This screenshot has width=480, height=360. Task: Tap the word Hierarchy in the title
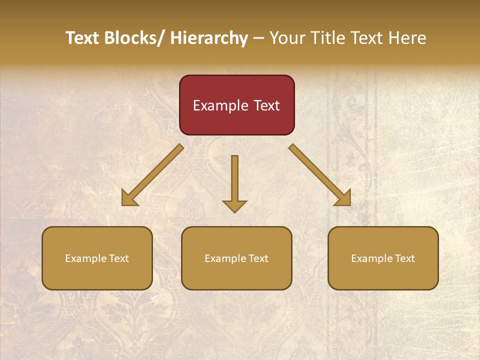coord(209,38)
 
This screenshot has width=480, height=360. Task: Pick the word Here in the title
coord(408,38)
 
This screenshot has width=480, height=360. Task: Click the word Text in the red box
coord(266,106)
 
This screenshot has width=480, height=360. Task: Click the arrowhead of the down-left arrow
coord(129,198)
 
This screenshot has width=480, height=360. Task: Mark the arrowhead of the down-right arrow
coord(343,198)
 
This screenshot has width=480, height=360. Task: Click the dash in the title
coord(258,38)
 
